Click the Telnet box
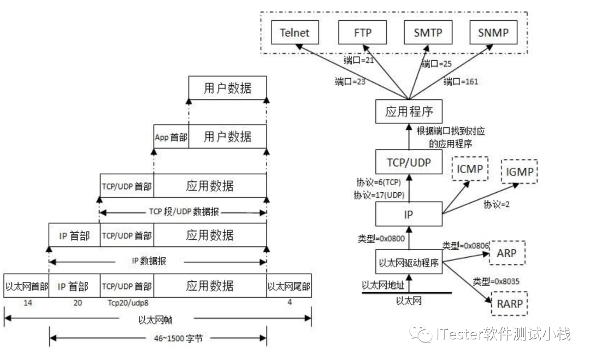294,33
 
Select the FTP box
362,33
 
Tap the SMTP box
428,33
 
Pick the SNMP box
493,33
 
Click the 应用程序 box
409,112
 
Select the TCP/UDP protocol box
409,162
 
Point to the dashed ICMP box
469,169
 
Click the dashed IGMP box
519,173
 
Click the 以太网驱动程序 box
409,263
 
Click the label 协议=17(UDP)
379,194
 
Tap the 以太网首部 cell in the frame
26,286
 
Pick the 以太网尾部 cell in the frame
289,286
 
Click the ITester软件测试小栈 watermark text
503,334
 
